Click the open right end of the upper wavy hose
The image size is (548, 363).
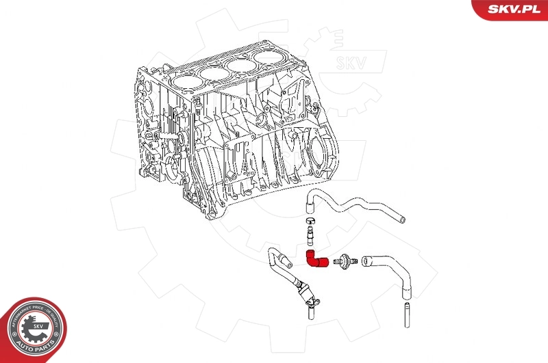tap(402, 219)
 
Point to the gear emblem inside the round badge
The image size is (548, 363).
tap(32, 327)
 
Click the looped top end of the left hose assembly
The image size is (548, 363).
tap(271, 256)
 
